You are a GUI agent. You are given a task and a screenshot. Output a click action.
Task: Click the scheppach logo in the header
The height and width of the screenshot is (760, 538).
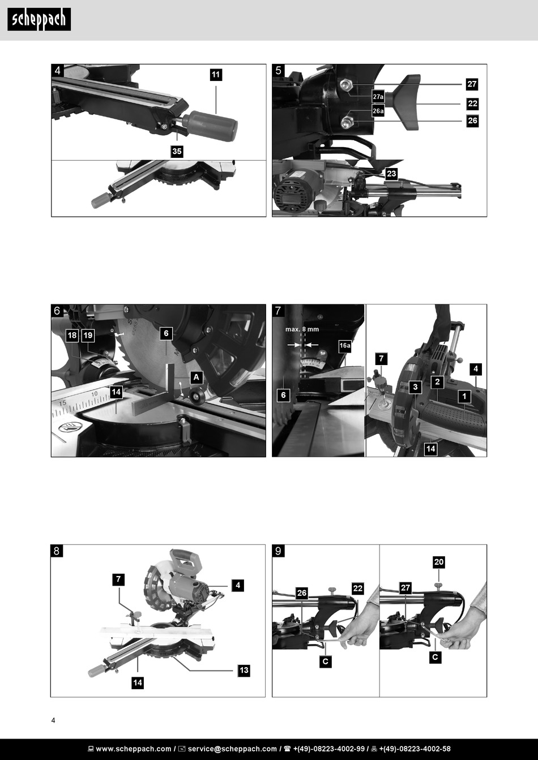pyautogui.click(x=39, y=19)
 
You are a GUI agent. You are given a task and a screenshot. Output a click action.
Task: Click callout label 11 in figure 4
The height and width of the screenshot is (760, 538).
pyautogui.click(x=216, y=75)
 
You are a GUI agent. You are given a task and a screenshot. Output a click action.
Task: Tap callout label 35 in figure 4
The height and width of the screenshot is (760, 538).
pyautogui.click(x=177, y=151)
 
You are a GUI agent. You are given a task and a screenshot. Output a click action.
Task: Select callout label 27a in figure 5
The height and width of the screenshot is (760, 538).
pyautogui.click(x=378, y=97)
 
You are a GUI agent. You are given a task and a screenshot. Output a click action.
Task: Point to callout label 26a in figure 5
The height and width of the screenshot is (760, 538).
pyautogui.click(x=378, y=110)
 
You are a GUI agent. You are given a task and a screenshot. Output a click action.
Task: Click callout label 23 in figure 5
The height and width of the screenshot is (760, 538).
pyautogui.click(x=391, y=174)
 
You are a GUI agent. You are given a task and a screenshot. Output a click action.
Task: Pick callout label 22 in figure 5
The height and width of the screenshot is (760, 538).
pyautogui.click(x=472, y=104)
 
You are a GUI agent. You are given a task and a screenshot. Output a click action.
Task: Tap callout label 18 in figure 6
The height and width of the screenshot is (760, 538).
pyautogui.click(x=72, y=336)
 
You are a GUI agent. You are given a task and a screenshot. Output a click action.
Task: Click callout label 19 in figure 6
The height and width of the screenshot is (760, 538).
pyautogui.click(x=88, y=336)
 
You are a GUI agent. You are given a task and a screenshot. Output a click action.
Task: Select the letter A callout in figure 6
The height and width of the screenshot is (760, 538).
pyautogui.click(x=196, y=377)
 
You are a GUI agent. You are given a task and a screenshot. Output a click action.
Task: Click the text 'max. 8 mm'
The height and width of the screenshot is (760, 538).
pyautogui.click(x=302, y=329)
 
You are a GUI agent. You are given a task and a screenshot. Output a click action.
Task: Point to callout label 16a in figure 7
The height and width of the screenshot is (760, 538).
pyautogui.click(x=345, y=345)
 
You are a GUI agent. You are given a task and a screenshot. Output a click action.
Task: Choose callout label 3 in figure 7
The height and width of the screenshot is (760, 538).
pyautogui.click(x=416, y=387)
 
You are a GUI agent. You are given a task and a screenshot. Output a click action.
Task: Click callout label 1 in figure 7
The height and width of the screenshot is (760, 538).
pyautogui.click(x=464, y=396)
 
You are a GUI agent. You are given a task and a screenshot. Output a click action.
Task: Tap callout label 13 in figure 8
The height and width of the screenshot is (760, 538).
pyautogui.click(x=244, y=670)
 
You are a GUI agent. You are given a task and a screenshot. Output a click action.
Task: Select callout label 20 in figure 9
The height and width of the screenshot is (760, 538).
pyautogui.click(x=439, y=562)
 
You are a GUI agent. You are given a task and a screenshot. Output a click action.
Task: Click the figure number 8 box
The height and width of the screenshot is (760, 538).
pyautogui.click(x=57, y=551)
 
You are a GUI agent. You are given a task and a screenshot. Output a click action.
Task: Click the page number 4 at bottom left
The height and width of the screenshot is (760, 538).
pyautogui.click(x=53, y=720)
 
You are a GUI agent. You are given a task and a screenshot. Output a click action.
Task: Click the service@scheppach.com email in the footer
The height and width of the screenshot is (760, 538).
pyautogui.click(x=232, y=749)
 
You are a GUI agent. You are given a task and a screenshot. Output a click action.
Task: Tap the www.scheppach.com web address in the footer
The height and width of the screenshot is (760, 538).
pyautogui.click(x=134, y=749)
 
